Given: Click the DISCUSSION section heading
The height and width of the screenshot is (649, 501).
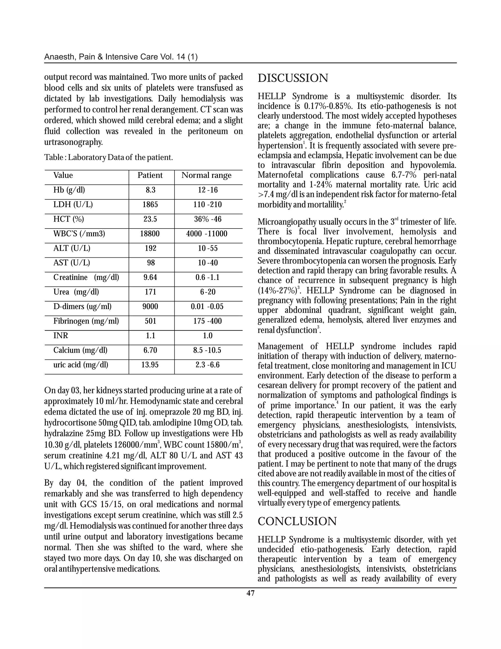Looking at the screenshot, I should [x=293, y=78].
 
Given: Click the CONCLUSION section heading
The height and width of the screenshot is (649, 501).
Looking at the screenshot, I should [x=297, y=521].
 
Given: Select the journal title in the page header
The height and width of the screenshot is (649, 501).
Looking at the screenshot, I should [x=121, y=57].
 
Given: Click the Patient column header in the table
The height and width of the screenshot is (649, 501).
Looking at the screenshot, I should [x=150, y=175].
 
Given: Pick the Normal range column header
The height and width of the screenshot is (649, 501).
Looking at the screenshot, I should [x=206, y=175].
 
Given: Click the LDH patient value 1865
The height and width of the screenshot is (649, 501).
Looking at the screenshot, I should [x=150, y=204].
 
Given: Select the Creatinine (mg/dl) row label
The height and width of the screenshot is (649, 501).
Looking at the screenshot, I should [x=86, y=277].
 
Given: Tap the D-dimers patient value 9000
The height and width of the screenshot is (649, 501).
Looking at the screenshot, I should [x=150, y=306].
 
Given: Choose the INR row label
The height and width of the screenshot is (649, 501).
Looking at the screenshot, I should [x=61, y=336].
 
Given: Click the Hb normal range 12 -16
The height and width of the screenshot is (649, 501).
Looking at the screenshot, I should [x=208, y=190].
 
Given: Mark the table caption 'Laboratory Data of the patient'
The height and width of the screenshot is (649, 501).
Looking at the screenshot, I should [x=108, y=157].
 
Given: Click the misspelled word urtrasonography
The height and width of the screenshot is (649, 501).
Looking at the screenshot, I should [x=73, y=142].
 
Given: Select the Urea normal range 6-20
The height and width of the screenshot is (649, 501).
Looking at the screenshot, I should [x=208, y=292].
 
